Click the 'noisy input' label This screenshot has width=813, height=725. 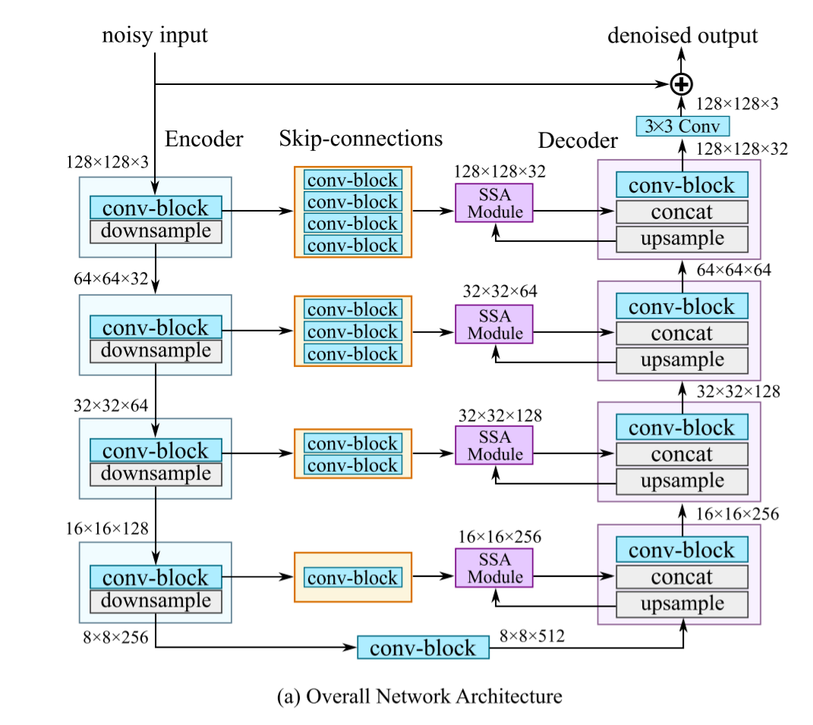(x=155, y=36)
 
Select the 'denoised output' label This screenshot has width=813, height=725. (x=682, y=36)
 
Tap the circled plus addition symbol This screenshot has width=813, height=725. (x=682, y=83)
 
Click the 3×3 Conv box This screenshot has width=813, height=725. (x=682, y=126)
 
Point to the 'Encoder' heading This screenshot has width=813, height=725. (x=204, y=139)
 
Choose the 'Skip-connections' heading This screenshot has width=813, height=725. (x=361, y=139)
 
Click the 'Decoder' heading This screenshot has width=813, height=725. (x=578, y=141)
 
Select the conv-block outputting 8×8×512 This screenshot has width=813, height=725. (x=423, y=647)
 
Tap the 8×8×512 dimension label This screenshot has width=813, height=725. (x=531, y=636)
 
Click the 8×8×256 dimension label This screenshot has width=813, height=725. (x=115, y=635)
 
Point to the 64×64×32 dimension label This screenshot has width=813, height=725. (x=111, y=278)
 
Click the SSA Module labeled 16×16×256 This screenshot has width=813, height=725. (x=494, y=568)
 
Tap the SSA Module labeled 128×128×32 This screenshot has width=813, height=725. (x=494, y=202)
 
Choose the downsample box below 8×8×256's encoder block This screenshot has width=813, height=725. (x=156, y=601)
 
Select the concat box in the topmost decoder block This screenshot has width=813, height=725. (x=682, y=212)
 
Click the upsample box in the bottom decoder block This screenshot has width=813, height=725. (x=682, y=604)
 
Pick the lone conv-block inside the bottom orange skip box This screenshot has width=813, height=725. (x=352, y=577)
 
